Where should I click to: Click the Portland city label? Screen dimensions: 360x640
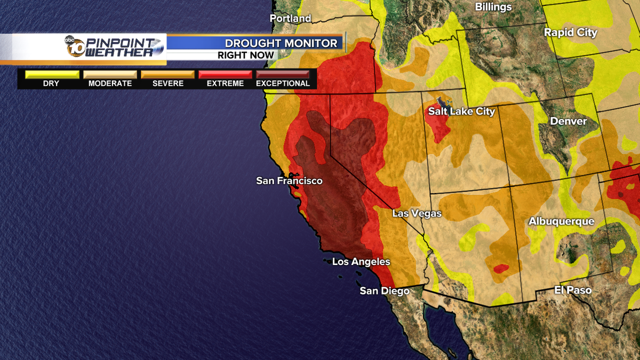click(x=290, y=19)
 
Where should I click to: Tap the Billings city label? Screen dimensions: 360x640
click(x=493, y=7)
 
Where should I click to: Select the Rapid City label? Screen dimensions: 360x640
click(x=570, y=33)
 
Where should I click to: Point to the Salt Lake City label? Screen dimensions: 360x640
click(x=462, y=111)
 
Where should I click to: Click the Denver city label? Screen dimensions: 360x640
click(x=568, y=121)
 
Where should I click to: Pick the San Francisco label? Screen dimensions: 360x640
click(x=289, y=181)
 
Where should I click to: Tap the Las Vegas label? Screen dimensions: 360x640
click(x=417, y=213)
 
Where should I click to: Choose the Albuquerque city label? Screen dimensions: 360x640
click(x=561, y=221)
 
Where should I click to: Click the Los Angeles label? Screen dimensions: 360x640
click(x=361, y=262)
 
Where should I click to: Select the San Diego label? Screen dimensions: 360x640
click(x=384, y=291)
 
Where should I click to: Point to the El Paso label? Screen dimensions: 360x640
click(x=573, y=290)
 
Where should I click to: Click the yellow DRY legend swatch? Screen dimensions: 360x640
click(x=51, y=75)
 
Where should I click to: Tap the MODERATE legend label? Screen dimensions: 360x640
click(x=110, y=84)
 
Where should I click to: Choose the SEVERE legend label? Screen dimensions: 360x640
click(x=167, y=84)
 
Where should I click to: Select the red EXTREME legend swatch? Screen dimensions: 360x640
click(x=225, y=75)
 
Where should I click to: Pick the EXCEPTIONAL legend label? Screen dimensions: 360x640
click(x=283, y=84)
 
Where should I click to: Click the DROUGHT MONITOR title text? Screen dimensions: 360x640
click(x=281, y=43)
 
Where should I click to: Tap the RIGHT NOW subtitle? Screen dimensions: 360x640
click(x=246, y=55)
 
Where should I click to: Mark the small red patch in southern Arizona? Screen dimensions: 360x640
click(x=501, y=268)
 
